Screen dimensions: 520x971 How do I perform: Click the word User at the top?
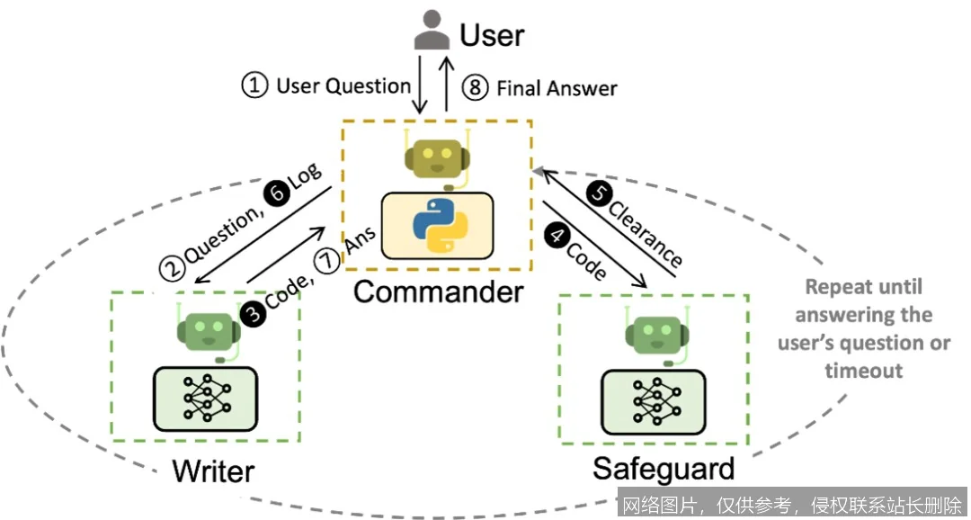pyautogui.click(x=492, y=35)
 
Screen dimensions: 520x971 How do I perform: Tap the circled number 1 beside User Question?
pyautogui.click(x=255, y=86)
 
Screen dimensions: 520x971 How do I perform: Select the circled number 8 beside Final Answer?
pyautogui.click(x=476, y=87)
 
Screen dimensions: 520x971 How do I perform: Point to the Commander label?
pyautogui.click(x=438, y=291)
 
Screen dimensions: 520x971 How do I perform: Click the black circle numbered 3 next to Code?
pyautogui.click(x=252, y=312)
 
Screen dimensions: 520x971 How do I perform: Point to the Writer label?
pyautogui.click(x=213, y=471)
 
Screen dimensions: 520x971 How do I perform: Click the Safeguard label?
pyautogui.click(x=664, y=468)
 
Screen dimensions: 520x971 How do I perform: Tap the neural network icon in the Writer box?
pyautogui.click(x=207, y=398)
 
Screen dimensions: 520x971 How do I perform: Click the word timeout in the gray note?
pyautogui.click(x=864, y=371)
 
